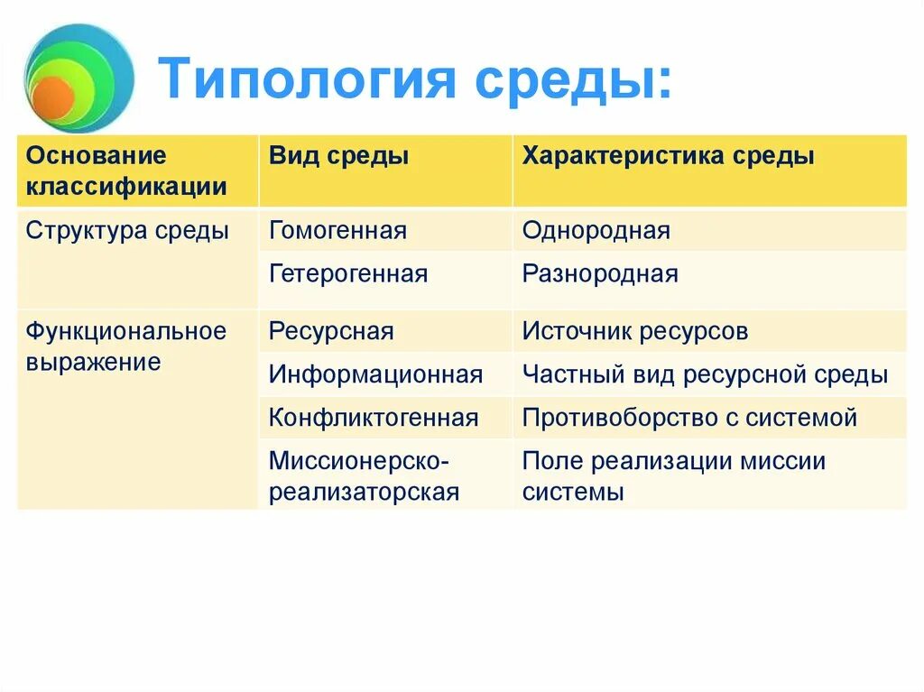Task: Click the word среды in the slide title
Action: tap(578, 79)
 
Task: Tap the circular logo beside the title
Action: tap(79, 78)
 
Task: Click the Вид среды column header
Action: tap(338, 156)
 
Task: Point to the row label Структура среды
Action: tap(127, 231)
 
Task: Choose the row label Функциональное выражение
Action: tap(125, 346)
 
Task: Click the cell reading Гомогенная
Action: tap(337, 231)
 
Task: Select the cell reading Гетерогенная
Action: tap(348, 274)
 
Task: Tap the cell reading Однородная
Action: tap(596, 231)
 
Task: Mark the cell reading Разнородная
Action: tap(600, 274)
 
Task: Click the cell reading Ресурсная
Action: tap(331, 331)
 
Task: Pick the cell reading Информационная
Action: tap(375, 374)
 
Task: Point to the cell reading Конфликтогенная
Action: tap(374, 418)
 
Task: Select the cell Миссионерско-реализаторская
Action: tap(365, 476)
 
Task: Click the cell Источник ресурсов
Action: tap(635, 331)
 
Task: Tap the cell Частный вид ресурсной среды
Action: tap(706, 374)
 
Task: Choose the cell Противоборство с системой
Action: tap(689, 418)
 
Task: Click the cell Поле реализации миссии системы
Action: tap(674, 476)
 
